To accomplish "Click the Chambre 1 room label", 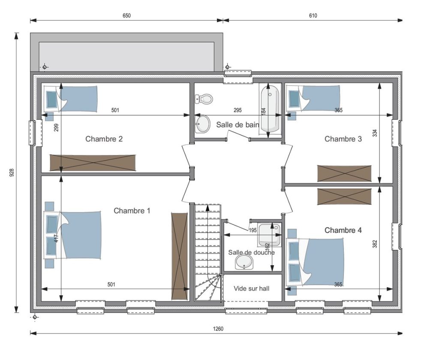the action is tap(132, 210).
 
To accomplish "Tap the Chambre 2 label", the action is tap(104, 139).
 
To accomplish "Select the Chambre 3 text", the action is tap(343, 139).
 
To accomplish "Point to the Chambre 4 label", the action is tap(343, 230).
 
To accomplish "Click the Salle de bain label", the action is tap(238, 125).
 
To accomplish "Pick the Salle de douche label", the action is tap(251, 252).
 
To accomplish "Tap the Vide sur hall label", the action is tap(251, 288).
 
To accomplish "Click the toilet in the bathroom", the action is tap(204, 99).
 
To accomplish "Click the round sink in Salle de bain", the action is tap(203, 124).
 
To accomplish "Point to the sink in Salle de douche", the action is tap(244, 262).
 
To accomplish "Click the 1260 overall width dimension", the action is tap(218, 329).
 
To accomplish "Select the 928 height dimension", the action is tap(12, 172).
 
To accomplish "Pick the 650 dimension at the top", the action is tap(126, 16).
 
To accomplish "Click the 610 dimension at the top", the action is tap(313, 16).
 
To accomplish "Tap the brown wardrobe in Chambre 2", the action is tap(93, 163).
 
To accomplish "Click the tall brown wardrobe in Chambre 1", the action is tap(180, 256).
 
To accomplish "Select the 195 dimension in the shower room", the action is tap(253, 231).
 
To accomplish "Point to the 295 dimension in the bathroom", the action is tap(238, 110).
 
